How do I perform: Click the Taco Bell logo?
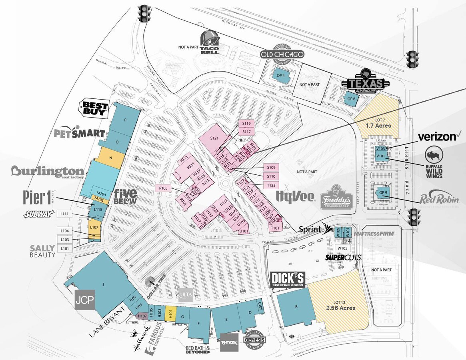click(210, 43)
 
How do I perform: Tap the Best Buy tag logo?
click(95, 107)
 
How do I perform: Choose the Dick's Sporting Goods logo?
click(288, 280)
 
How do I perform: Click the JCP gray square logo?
click(84, 300)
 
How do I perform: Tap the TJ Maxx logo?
click(229, 342)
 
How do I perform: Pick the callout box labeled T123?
click(271, 185)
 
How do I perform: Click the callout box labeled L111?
click(65, 214)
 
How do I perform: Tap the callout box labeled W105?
click(342, 248)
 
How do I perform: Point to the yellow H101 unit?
click(170, 312)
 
